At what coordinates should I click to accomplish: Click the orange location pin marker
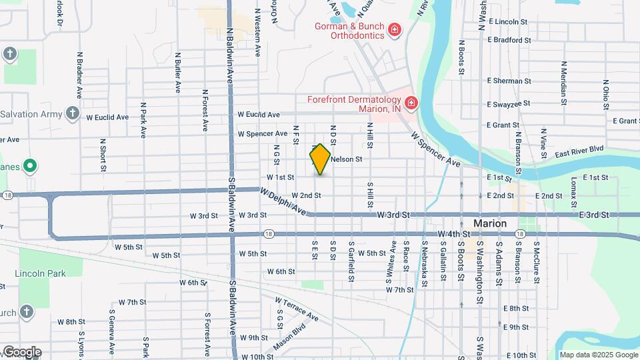[320, 159]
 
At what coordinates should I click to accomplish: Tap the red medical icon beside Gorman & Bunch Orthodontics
[395, 29]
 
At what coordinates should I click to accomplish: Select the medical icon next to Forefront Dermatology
[411, 103]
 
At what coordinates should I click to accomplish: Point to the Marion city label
[490, 223]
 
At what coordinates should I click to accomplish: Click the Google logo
[21, 352]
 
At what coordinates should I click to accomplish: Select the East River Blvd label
[580, 149]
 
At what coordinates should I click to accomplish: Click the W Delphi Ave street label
[283, 202]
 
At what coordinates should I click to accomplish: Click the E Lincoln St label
[508, 22]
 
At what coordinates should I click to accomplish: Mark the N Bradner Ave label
[79, 75]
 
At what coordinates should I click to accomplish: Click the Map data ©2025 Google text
[599, 355]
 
